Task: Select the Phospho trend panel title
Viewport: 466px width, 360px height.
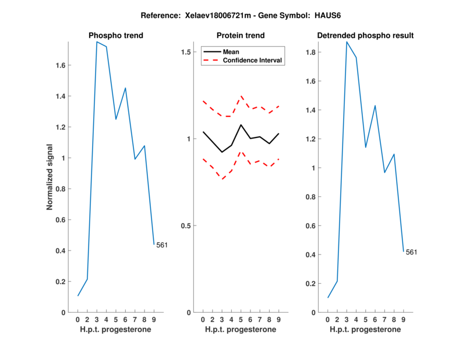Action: pos(115,36)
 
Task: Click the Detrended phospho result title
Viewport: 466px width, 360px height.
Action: pos(365,36)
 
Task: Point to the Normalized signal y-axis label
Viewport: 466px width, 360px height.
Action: pos(51,177)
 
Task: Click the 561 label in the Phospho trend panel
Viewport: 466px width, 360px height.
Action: pos(162,245)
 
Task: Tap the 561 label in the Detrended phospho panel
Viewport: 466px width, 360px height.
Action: pos(412,252)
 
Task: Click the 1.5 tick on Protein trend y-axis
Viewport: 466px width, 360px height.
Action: pos(186,52)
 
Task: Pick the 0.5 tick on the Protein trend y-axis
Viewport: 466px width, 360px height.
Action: pos(186,225)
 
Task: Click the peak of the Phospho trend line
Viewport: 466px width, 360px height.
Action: pos(97,42)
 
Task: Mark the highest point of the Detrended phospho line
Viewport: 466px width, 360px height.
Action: pos(347,42)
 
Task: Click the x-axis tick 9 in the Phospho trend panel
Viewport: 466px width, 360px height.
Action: pos(154,319)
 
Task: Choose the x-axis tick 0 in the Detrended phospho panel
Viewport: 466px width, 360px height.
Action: pos(328,319)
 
